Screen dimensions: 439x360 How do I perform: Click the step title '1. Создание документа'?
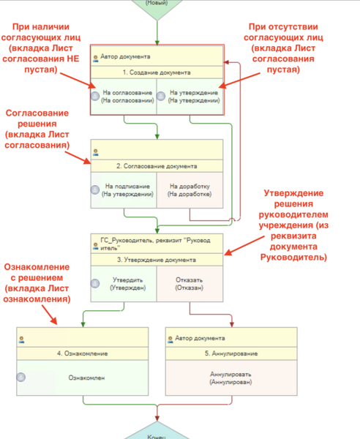pyautogui.click(x=157, y=72)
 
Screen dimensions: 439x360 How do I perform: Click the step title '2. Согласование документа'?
pyautogui.click(x=157, y=166)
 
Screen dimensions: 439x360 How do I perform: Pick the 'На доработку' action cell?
pyautogui.click(x=190, y=190)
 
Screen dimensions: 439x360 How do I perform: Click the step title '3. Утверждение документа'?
pyautogui.click(x=157, y=260)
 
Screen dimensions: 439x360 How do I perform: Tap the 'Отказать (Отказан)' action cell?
pyautogui.click(x=190, y=284)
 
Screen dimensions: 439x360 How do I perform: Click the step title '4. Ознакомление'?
pyautogui.click(x=83, y=353)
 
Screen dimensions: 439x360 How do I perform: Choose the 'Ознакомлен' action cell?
pyautogui.click(x=84, y=378)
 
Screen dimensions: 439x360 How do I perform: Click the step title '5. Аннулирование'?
pyautogui.click(x=231, y=353)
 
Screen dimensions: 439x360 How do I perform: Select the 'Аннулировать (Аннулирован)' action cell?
pyautogui.click(x=231, y=378)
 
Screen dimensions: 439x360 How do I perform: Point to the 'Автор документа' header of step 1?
pyautogui.click(x=126, y=56)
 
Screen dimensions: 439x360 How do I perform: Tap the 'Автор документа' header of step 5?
pyautogui.click(x=200, y=338)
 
